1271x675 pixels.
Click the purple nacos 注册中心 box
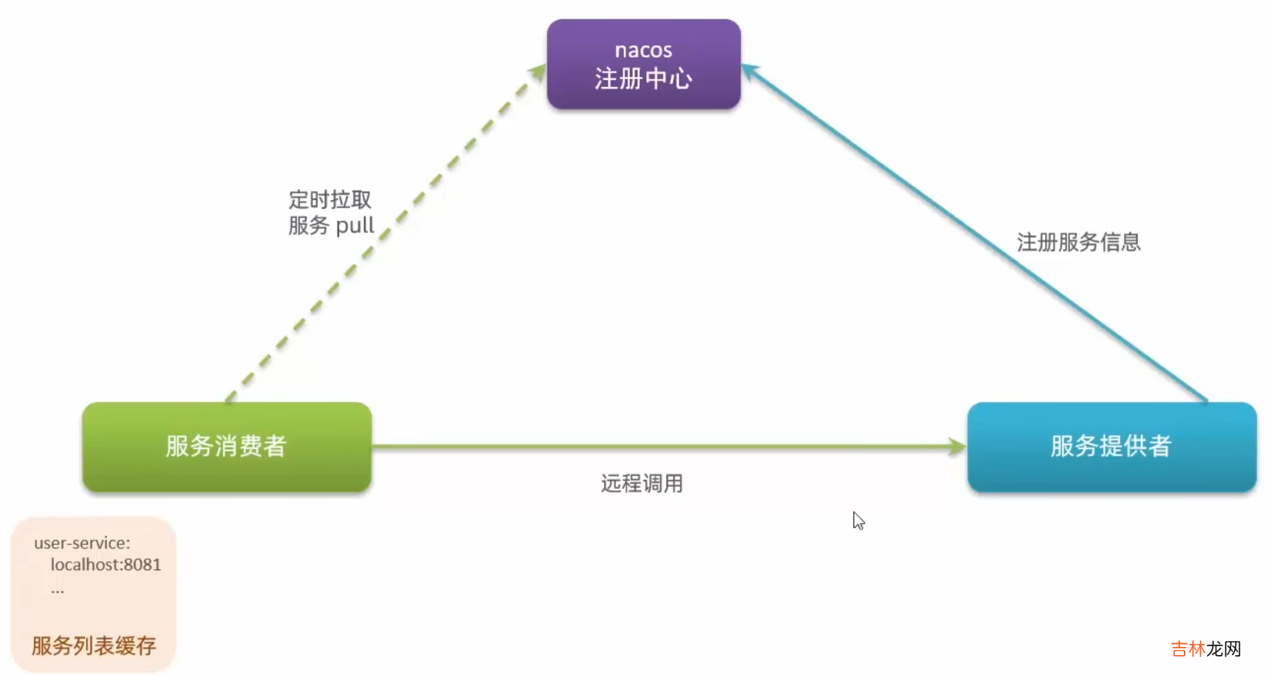point(643,65)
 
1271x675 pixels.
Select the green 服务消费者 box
point(226,447)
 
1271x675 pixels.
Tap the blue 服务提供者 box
point(1111,447)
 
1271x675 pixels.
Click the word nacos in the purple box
point(643,50)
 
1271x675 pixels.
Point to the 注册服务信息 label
point(1078,242)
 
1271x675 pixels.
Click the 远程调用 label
point(641,484)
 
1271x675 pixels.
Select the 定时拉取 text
point(329,199)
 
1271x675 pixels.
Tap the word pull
point(355,225)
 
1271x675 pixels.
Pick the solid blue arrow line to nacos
point(975,233)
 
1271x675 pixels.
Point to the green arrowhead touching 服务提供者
point(957,447)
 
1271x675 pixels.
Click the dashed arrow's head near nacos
point(537,72)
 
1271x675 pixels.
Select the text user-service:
point(81,543)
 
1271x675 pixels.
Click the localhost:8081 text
point(106,565)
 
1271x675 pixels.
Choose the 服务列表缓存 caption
point(94,646)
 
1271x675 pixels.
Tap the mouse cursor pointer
point(857,520)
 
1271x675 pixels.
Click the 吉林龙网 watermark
point(1205,648)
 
